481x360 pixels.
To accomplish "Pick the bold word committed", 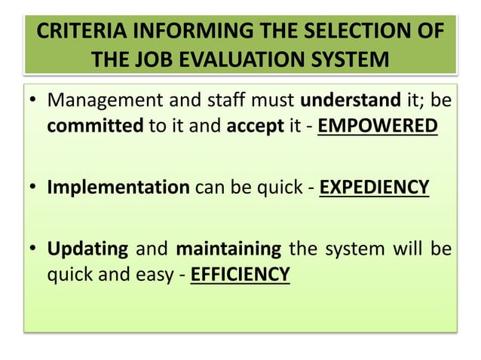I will pos(94,126).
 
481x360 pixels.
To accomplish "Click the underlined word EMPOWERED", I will pos(377,126).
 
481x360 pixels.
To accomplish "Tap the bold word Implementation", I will pos(118,186).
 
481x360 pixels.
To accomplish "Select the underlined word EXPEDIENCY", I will pos(375,186).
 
